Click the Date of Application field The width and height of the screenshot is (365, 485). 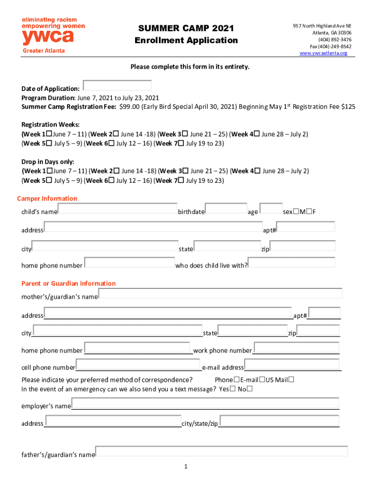pos(117,85)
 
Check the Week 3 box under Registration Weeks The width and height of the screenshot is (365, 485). pos(185,134)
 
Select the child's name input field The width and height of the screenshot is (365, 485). pos(118,208)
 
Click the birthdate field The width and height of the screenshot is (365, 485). pos(226,208)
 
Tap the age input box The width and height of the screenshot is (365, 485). pos(271,208)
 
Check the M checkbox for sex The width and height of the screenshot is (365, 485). pos(296,211)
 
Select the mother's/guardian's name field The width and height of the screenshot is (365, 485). pos(220,293)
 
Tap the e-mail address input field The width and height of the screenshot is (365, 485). pos(292,365)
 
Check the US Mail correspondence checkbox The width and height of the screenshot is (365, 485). pos(292,379)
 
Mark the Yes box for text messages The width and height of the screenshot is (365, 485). pos(232,389)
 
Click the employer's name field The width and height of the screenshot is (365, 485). pos(205,404)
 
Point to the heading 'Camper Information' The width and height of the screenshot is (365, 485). pos(47,198)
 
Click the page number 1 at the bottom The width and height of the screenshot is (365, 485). pos(186,467)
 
